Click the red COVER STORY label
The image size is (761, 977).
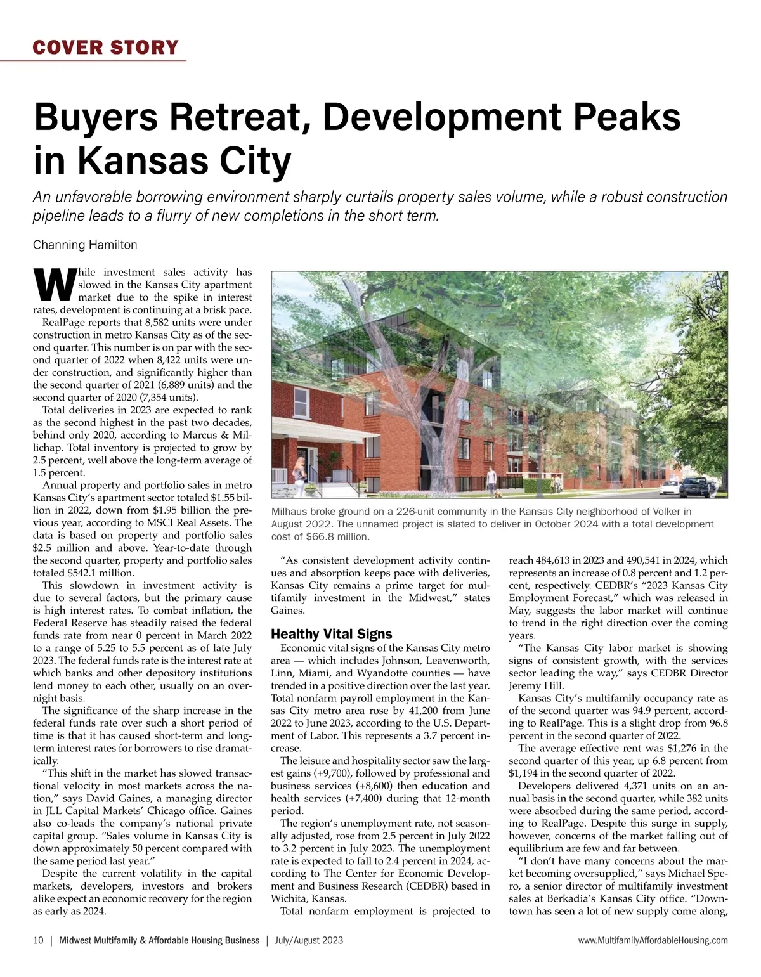106,48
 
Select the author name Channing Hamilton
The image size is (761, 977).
85,245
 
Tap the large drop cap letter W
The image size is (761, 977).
53,285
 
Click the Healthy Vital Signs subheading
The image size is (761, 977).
331,634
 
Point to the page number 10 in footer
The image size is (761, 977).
38,940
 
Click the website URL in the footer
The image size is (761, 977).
653,940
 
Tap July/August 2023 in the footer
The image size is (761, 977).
309,940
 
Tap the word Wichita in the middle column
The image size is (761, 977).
290,898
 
